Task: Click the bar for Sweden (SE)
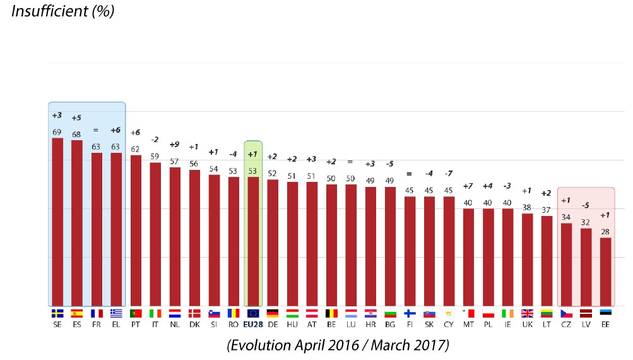tap(57, 222)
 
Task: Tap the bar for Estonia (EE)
tap(605, 272)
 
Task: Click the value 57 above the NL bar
tap(175, 162)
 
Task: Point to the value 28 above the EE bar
tap(605, 232)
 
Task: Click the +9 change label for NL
tap(175, 145)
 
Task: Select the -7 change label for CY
tap(449, 174)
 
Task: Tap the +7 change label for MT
tap(468, 186)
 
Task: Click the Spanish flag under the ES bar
tap(77, 313)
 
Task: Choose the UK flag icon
tap(527, 313)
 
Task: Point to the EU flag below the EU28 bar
tap(253, 313)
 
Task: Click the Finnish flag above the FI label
tap(410, 313)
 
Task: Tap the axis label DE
tap(273, 324)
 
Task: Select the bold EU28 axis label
tap(252, 324)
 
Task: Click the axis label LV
tap(586, 324)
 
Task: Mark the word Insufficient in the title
tap(45, 11)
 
